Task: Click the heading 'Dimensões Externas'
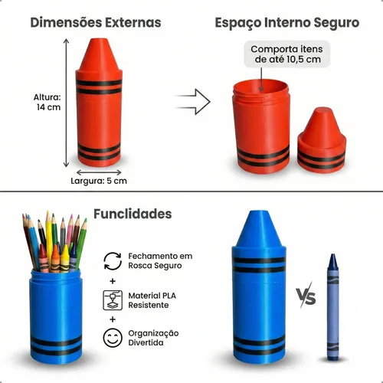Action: pos(96,22)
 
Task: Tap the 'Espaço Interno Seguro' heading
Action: pos(287,23)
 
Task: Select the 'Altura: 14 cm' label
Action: pos(47,102)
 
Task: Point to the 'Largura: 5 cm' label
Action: pos(99,181)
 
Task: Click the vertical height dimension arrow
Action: pos(67,103)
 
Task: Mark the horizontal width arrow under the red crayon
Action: pos(99,172)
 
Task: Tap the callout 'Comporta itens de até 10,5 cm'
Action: pos(287,54)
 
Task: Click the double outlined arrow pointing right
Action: pos(193,102)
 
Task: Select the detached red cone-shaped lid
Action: pos(322,139)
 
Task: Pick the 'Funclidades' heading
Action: pos(133,214)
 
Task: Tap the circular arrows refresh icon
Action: pos(113,260)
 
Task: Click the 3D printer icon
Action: pos(113,300)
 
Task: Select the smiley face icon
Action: pos(113,338)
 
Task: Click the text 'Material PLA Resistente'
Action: pos(152,300)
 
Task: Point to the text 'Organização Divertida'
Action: pos(153,338)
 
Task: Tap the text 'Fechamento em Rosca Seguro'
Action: pos(160,260)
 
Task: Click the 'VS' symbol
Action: pos(306,296)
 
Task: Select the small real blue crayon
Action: pos(333,307)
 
